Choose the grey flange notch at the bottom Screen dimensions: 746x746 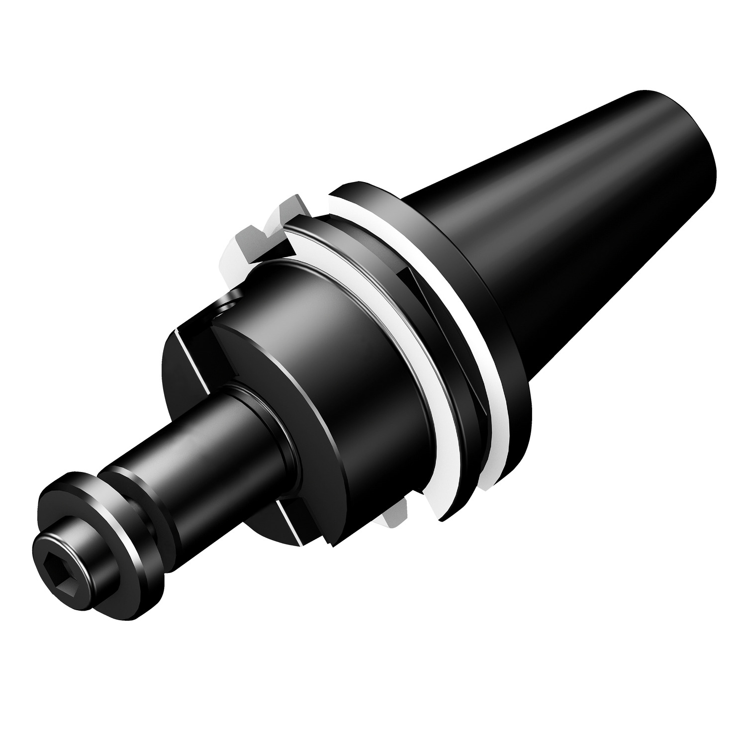pyautogui.click(x=398, y=512)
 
